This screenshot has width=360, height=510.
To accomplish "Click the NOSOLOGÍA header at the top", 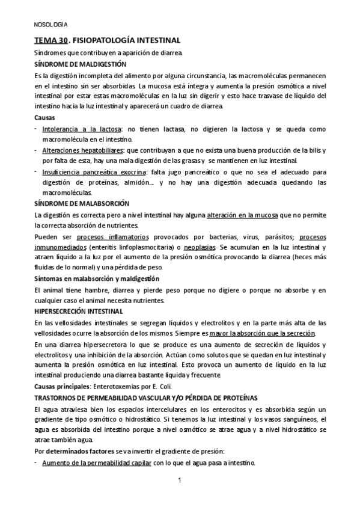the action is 50,25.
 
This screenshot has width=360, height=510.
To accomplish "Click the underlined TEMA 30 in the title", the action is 50,40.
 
